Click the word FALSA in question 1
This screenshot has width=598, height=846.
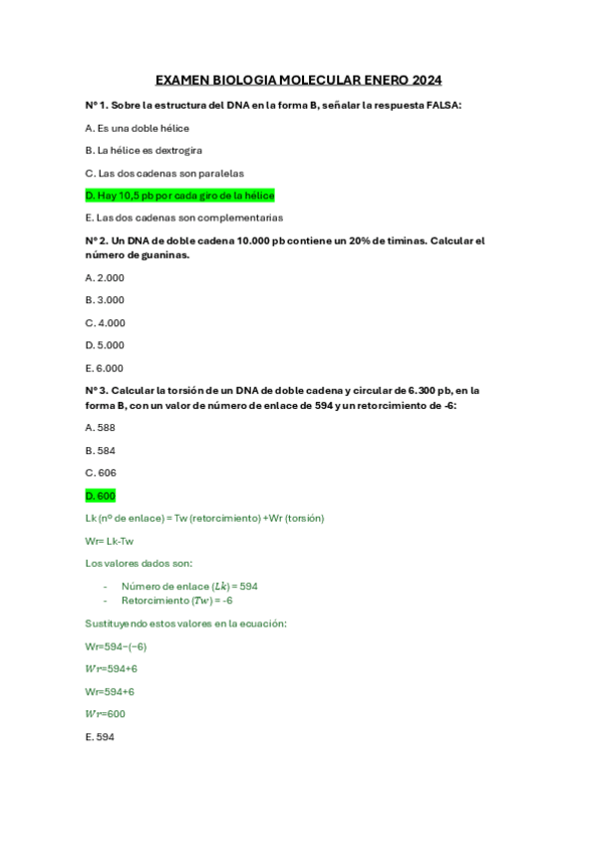pyautogui.click(x=443, y=105)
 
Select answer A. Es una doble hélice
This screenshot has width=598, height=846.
pyautogui.click(x=138, y=128)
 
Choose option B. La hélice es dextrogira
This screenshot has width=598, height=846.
pyautogui.click(x=145, y=150)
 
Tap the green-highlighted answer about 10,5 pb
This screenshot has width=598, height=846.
pyautogui.click(x=179, y=196)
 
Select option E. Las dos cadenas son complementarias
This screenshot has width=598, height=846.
pyautogui.click(x=184, y=217)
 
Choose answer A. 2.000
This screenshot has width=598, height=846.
pyautogui.click(x=106, y=277)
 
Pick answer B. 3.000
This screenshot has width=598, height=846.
pyautogui.click(x=106, y=299)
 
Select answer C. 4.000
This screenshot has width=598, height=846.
pyautogui.click(x=106, y=322)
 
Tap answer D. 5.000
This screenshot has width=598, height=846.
pyautogui.click(x=106, y=345)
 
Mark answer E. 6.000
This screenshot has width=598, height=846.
pyautogui.click(x=106, y=368)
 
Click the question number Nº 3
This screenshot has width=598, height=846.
pyautogui.click(x=97, y=391)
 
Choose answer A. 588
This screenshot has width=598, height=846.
pyautogui.click(x=101, y=427)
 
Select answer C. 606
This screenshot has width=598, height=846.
pyautogui.click(x=101, y=473)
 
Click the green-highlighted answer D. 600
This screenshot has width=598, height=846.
pyautogui.click(x=101, y=496)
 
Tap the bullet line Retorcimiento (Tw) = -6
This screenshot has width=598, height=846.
pyautogui.click(x=176, y=601)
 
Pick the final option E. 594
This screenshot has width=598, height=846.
pyautogui.click(x=101, y=737)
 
